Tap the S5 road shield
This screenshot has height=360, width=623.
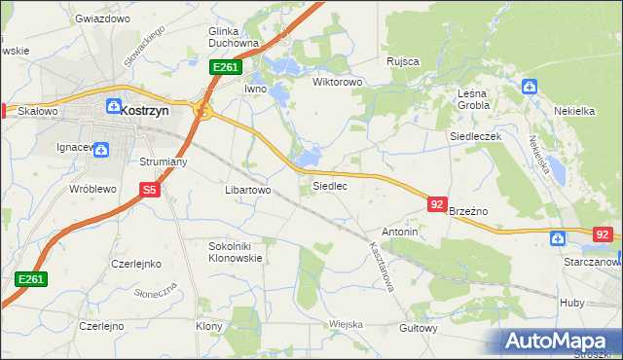[x=149, y=192]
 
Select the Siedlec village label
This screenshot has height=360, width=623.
[x=329, y=185]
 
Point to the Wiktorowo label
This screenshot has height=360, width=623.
[x=337, y=83]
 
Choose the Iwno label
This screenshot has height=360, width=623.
[x=255, y=89]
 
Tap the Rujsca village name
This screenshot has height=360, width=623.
[x=402, y=61]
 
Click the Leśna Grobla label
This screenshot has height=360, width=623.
[x=479, y=99]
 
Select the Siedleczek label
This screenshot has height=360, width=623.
[x=475, y=137]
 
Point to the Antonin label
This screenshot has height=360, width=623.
[x=399, y=233]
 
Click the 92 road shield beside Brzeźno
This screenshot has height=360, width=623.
[x=437, y=204]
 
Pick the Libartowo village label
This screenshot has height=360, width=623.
[x=247, y=191]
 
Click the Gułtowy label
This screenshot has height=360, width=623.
[x=418, y=328]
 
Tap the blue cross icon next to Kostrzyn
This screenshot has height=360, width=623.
[x=113, y=106]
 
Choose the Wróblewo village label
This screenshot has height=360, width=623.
[x=92, y=189]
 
